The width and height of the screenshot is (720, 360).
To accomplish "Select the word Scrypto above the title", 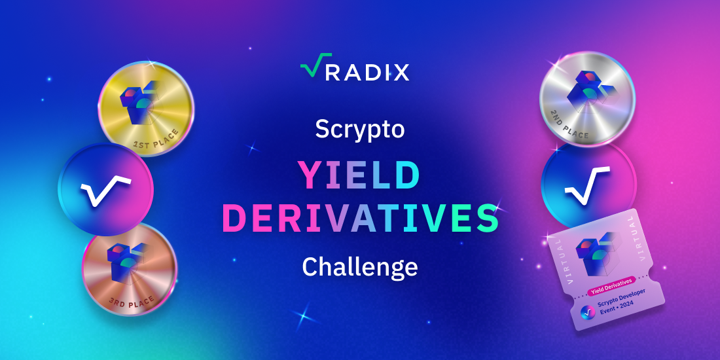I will pos(359,129).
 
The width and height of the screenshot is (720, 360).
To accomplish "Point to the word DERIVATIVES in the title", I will pos(359,218).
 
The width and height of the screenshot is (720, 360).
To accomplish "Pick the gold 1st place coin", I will pos(145,109).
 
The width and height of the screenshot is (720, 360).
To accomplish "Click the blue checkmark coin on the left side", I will pos(105,190).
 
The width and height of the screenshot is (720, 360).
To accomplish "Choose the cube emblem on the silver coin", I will pos(588,92).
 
